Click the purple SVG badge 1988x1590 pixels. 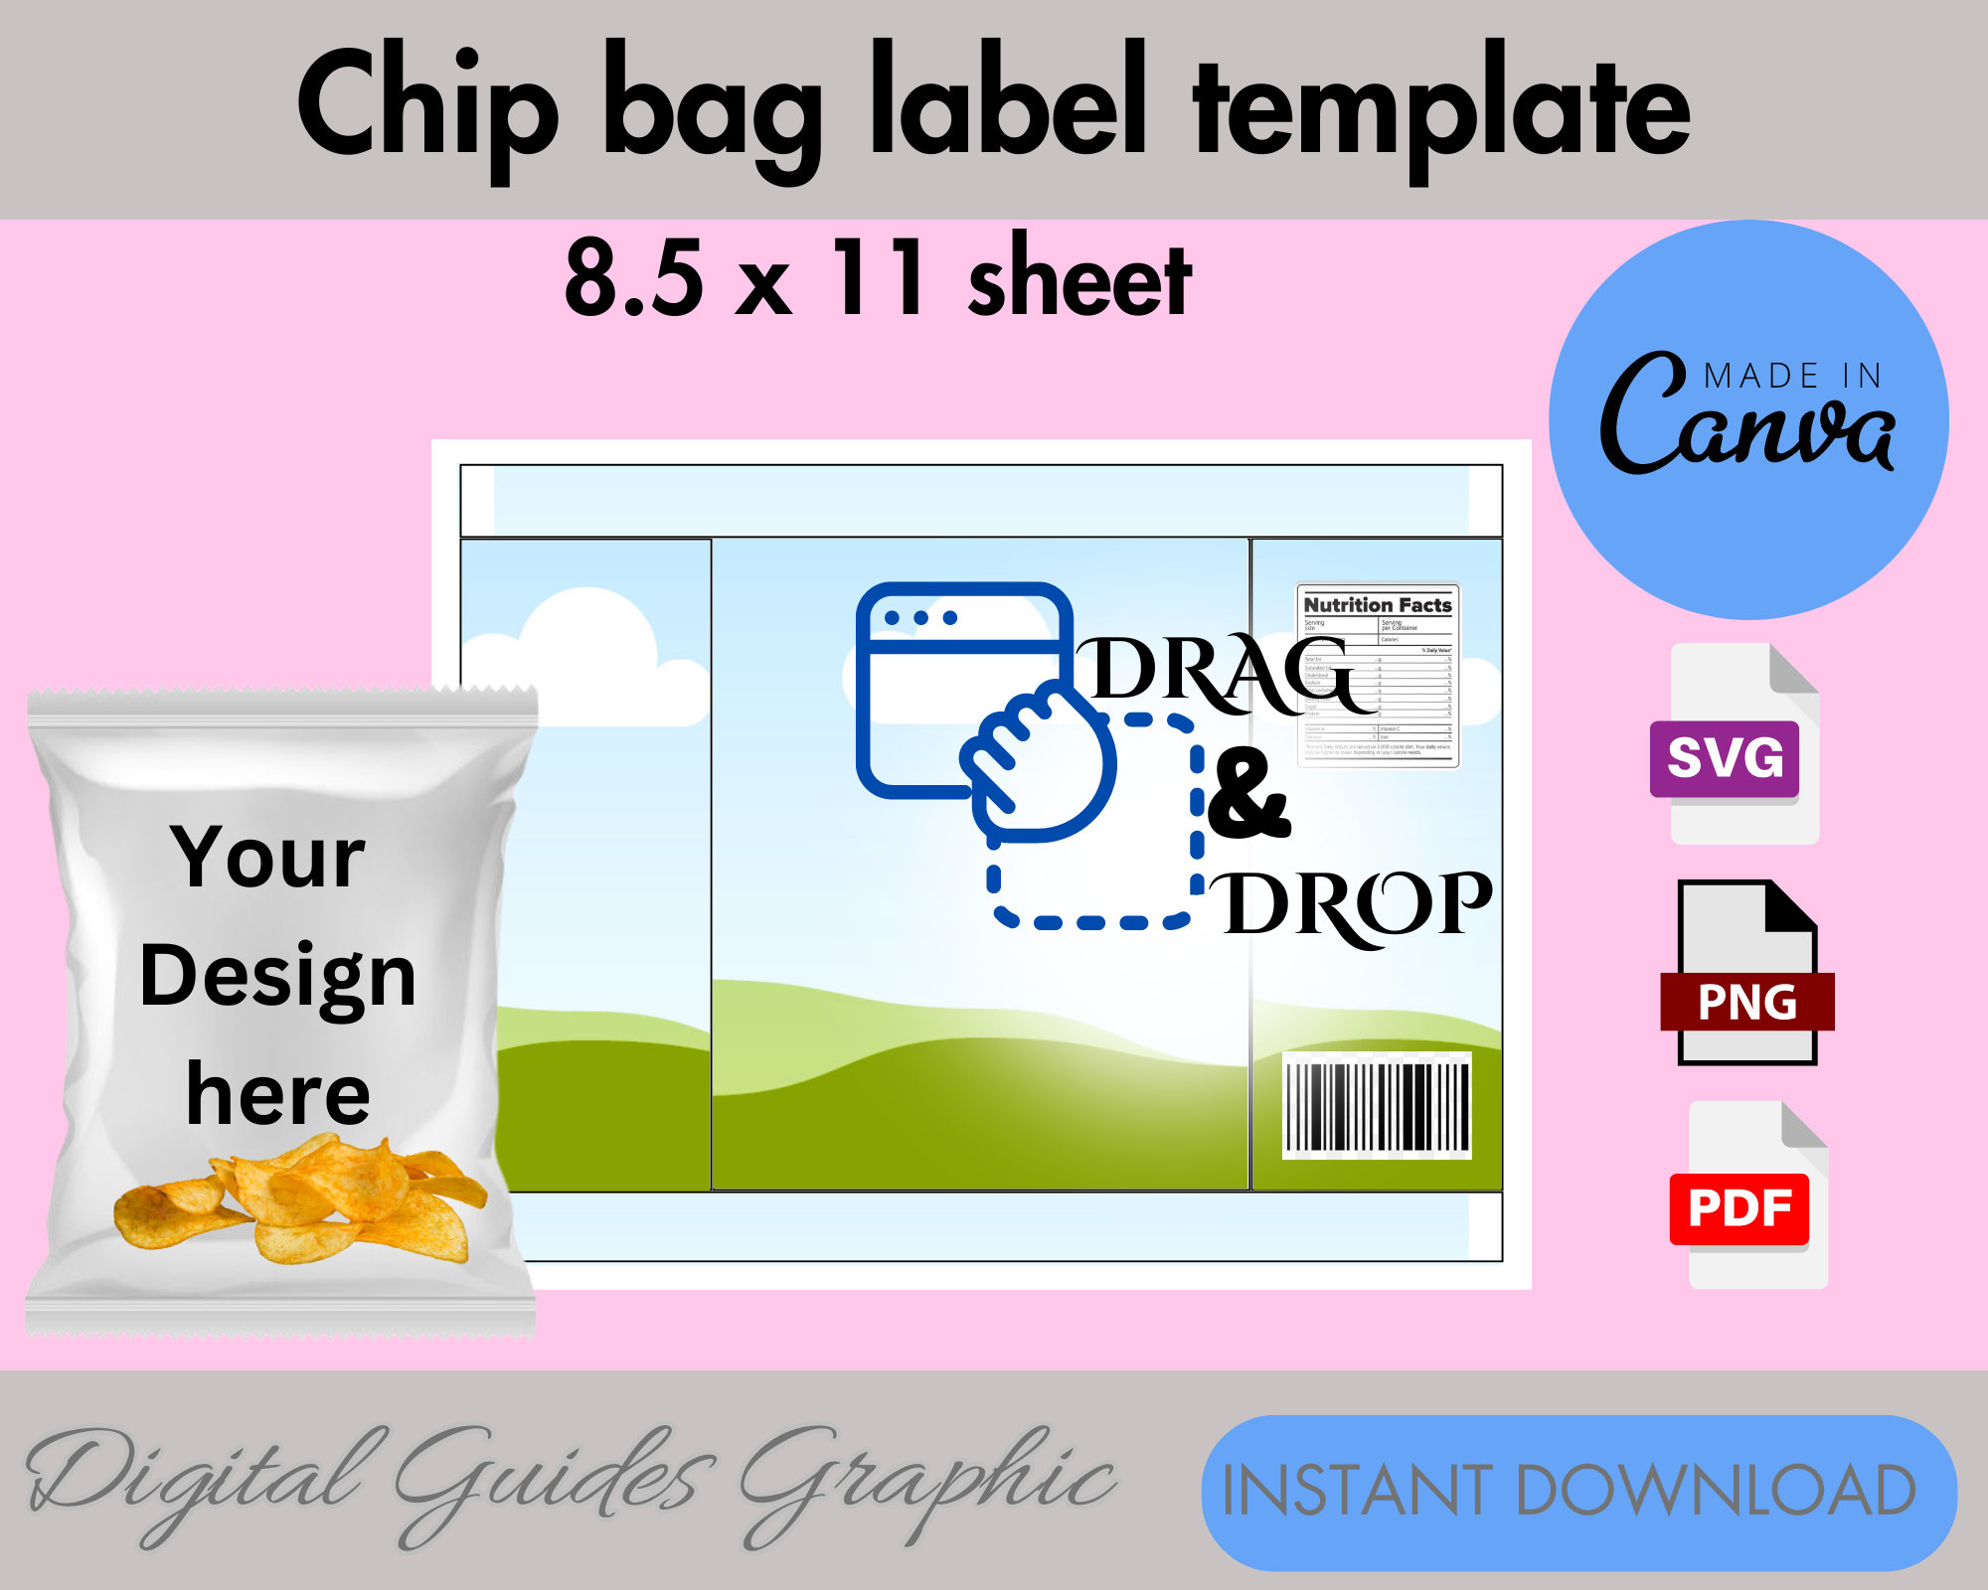point(1725,758)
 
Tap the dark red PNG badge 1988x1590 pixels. point(1746,1002)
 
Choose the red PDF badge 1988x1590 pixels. point(1739,1208)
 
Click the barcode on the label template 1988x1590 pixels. point(1377,1106)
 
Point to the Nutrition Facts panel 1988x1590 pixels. point(1378,676)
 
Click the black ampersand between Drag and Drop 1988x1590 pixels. point(1248,795)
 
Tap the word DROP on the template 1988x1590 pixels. point(1357,906)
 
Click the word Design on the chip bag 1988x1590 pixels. point(278,976)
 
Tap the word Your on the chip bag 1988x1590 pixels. point(268,857)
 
